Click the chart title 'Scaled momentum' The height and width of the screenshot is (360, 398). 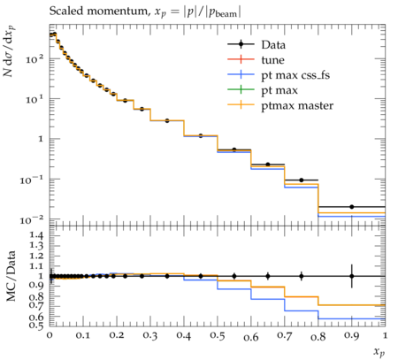98,11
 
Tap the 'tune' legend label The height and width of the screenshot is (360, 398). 272,60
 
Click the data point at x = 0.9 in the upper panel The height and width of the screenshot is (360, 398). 352,207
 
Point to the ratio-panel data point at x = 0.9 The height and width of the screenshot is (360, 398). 352,276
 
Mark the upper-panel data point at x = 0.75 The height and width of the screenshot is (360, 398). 302,180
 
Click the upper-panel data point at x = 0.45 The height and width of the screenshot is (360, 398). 201,136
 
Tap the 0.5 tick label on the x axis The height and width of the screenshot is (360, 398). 218,336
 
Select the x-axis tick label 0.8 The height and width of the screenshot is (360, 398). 318,336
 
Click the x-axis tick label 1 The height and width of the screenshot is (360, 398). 385,335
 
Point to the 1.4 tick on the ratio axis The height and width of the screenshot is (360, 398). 35,235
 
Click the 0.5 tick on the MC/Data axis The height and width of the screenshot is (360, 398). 35,325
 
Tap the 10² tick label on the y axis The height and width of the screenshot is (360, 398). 34,59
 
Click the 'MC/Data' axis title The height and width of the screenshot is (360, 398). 11,276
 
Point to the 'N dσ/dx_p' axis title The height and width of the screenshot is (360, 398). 9,50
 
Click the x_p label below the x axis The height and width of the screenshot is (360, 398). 379,352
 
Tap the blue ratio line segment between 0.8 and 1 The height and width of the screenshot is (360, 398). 352,318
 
